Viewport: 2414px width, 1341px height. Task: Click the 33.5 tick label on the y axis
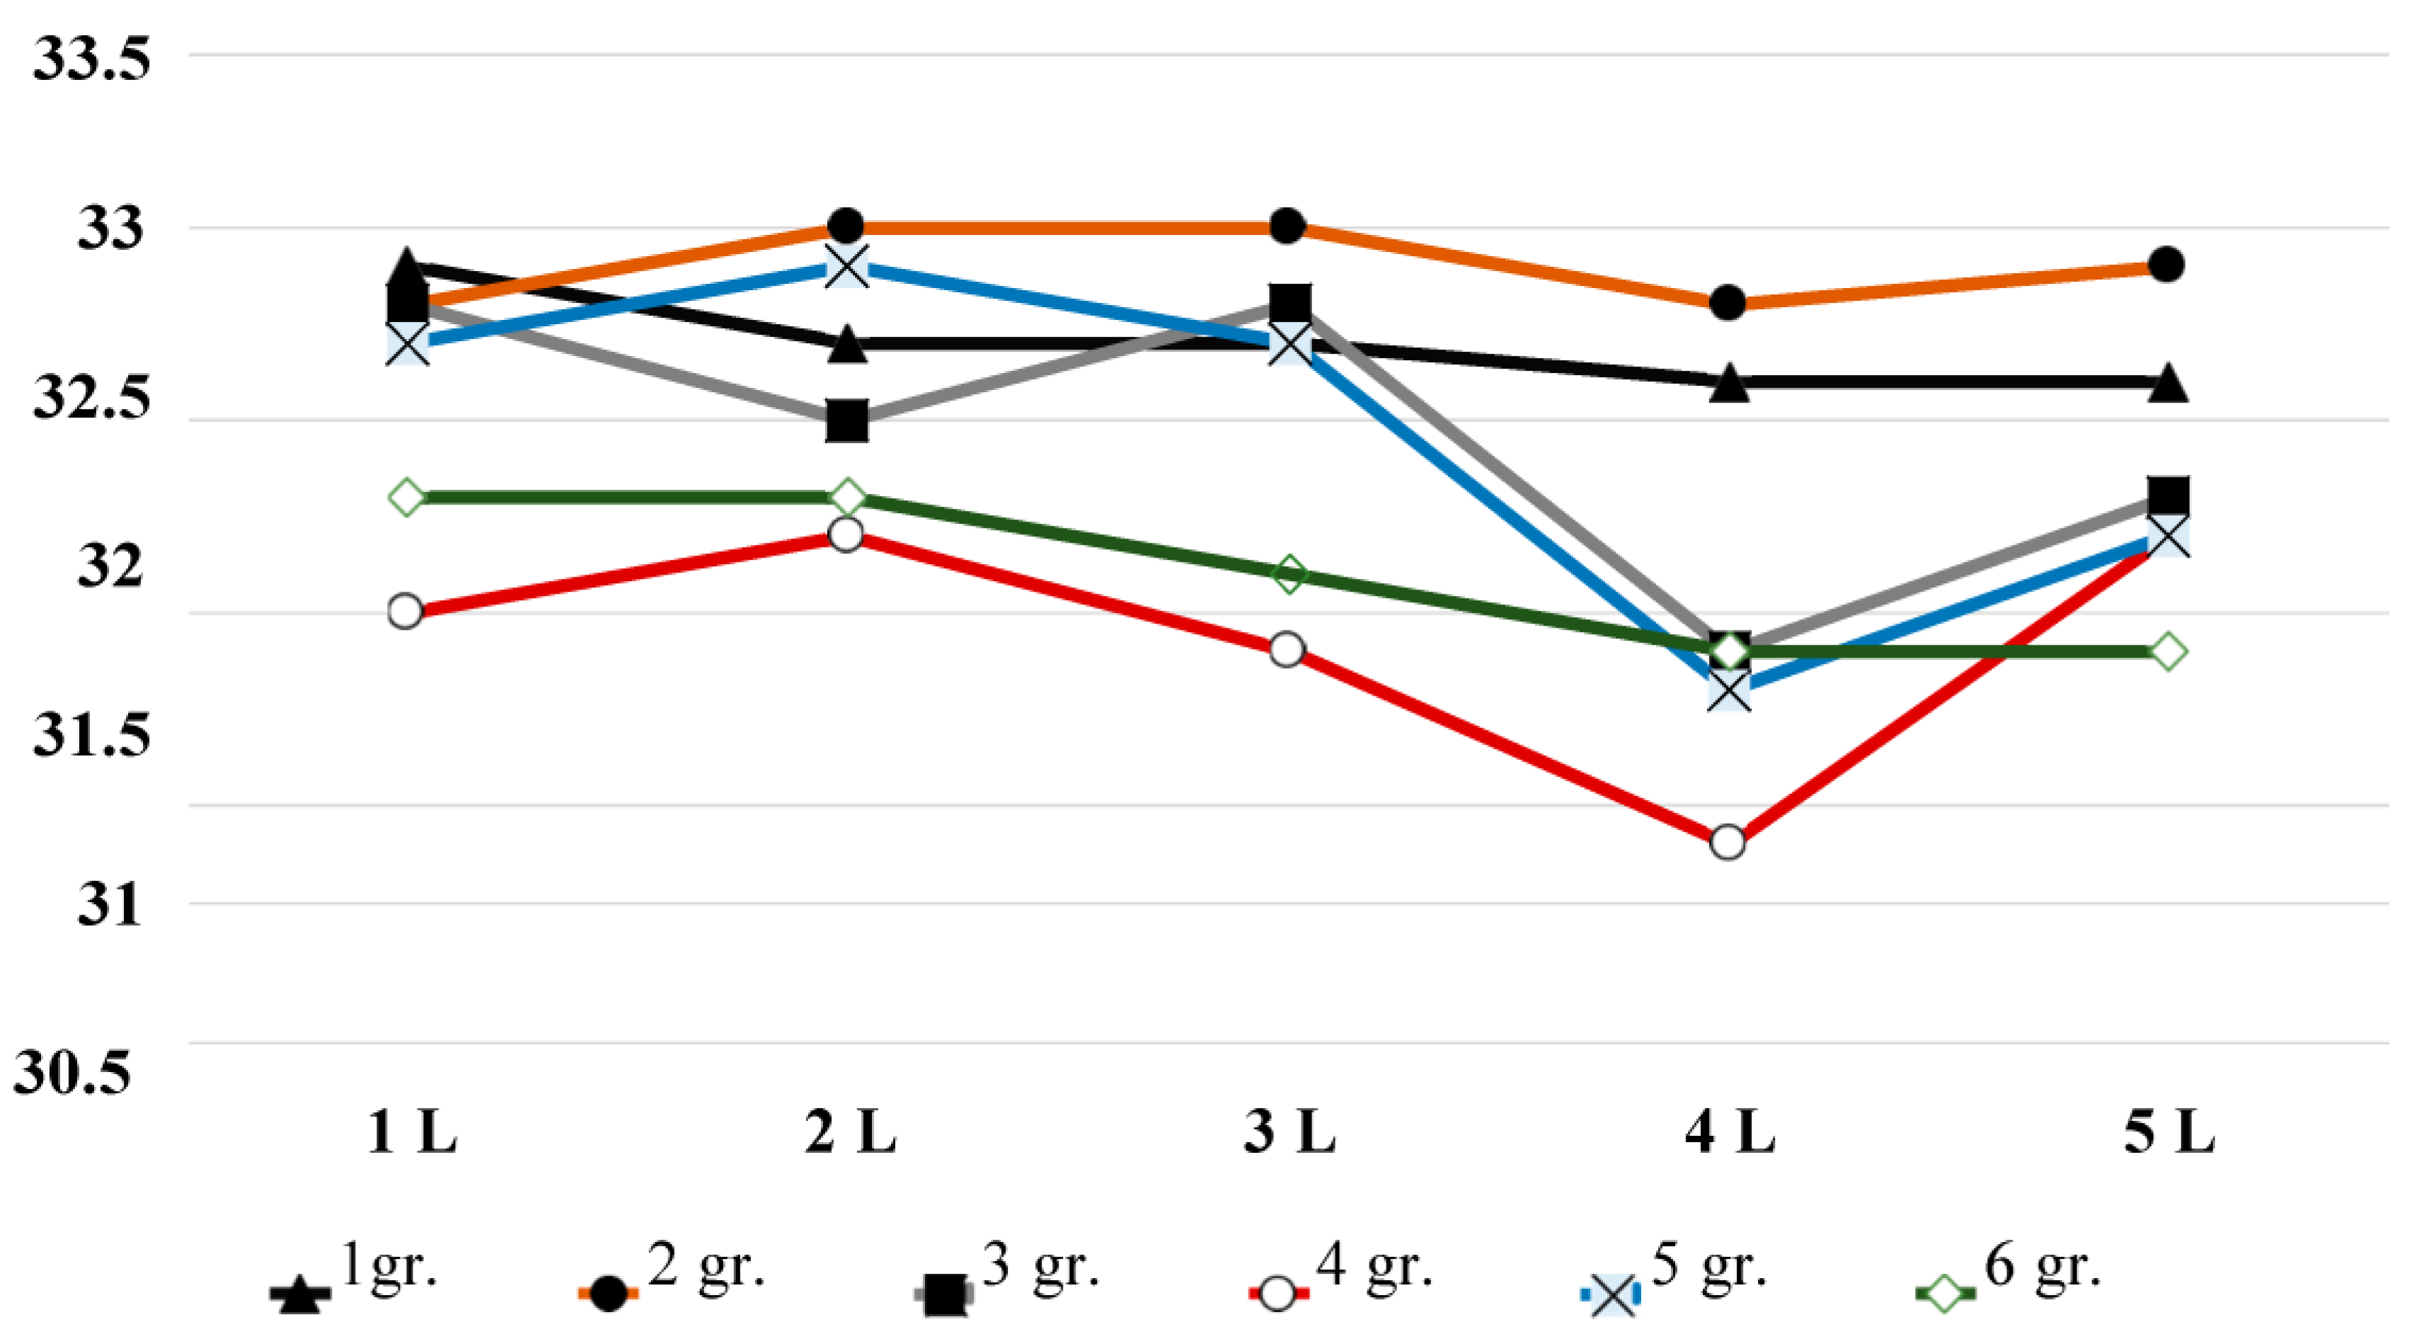(91, 59)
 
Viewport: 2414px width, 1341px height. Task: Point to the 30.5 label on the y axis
(72, 1071)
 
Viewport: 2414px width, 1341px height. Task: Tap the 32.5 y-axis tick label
(91, 397)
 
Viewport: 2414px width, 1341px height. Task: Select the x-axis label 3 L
(1289, 1132)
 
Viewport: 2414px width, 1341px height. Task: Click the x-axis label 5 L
(2168, 1132)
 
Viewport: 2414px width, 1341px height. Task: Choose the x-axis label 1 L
(411, 1132)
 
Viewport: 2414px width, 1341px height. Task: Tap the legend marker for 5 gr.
(1612, 1295)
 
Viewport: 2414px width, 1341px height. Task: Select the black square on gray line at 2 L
(847, 421)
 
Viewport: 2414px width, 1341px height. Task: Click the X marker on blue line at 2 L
(847, 267)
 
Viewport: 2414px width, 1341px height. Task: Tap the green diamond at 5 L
(2168, 650)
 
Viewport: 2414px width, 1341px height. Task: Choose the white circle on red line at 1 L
(405, 611)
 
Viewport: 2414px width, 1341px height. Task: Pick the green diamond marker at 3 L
(1289, 573)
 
